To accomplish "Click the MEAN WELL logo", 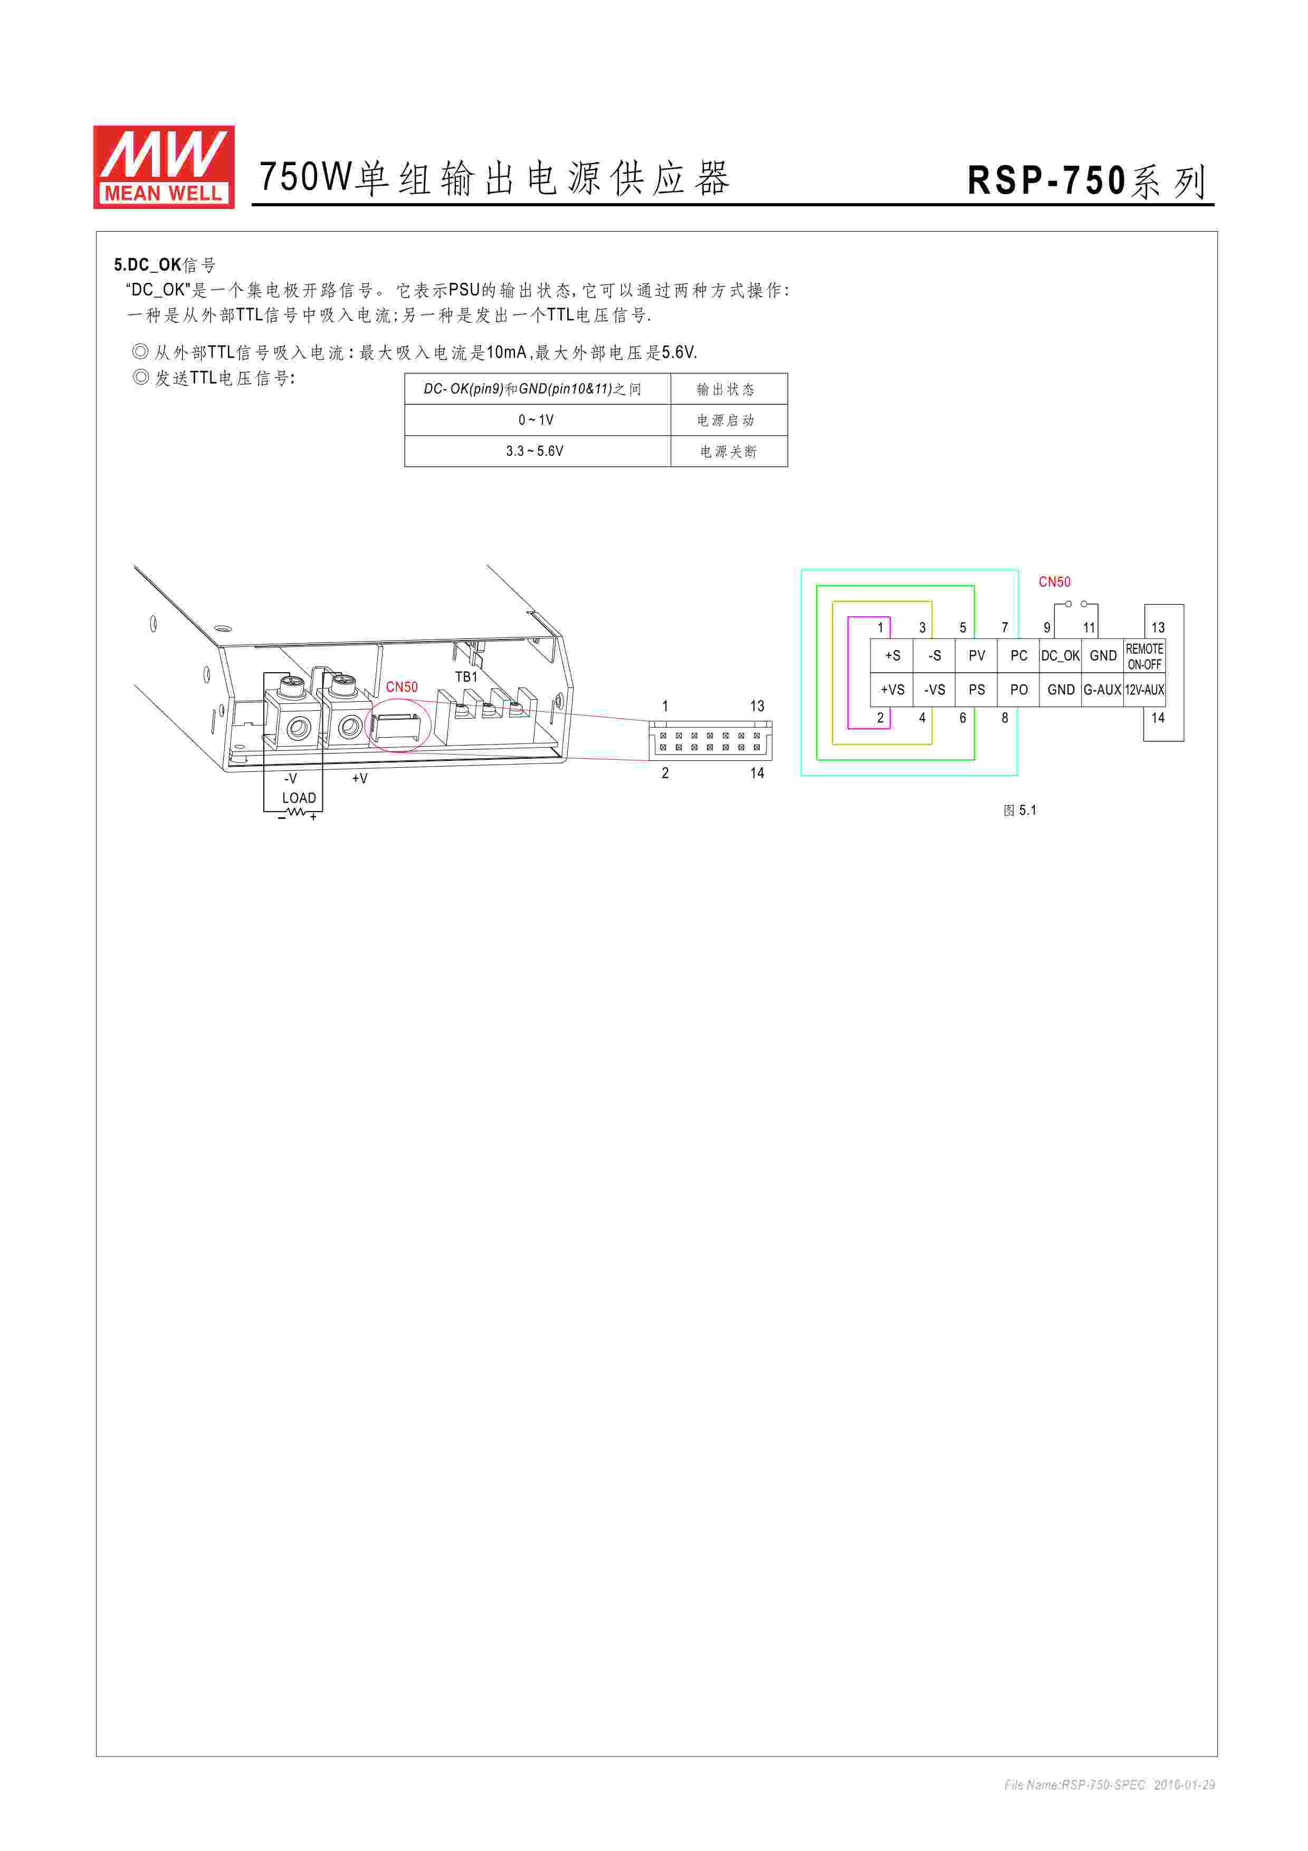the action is point(164,167).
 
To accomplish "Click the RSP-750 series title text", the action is point(1086,180).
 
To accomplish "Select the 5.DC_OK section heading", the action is point(165,264).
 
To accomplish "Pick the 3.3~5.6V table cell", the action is point(537,451).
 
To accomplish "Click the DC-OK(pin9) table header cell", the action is point(537,388).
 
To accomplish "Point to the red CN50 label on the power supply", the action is point(402,687).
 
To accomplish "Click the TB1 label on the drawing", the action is point(466,676).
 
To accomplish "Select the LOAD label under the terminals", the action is point(299,797).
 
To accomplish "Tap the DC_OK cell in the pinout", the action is point(1060,655).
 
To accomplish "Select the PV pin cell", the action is point(977,655).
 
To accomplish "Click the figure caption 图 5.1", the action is point(1019,810).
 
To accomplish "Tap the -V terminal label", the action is point(290,778).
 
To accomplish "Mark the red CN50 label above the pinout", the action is point(1054,582).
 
